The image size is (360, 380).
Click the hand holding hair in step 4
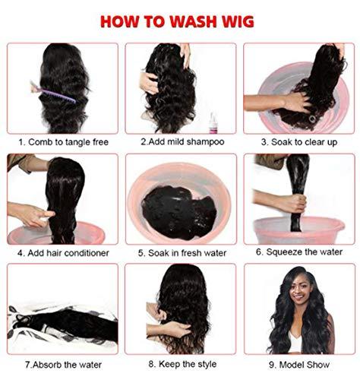30,214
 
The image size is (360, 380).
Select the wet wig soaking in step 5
180,206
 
